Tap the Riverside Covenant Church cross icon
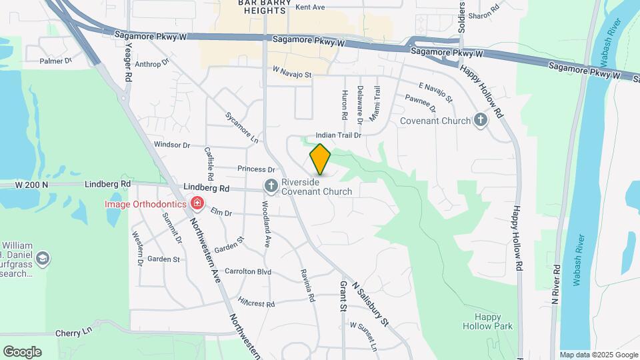(x=271, y=185)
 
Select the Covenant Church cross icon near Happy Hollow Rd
(x=480, y=121)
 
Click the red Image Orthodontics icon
(x=197, y=203)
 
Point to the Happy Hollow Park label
(x=489, y=321)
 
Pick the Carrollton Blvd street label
(x=248, y=271)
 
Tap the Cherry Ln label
(x=73, y=332)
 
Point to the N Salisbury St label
(x=370, y=303)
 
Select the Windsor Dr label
(x=172, y=145)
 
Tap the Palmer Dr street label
(x=55, y=61)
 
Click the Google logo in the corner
(x=22, y=352)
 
